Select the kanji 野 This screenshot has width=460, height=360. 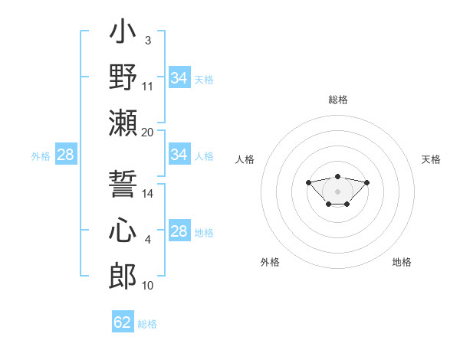(123, 79)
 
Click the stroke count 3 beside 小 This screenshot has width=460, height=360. (147, 41)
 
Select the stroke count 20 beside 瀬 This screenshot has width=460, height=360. (148, 133)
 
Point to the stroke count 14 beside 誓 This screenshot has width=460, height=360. (148, 194)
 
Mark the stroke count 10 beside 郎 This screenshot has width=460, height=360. (148, 286)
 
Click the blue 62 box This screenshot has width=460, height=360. (123, 322)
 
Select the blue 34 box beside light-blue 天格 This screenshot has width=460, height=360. (179, 77)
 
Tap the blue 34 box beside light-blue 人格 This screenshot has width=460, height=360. (179, 155)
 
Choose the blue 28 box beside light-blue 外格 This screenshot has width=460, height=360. (65, 155)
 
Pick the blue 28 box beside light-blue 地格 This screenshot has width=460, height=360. (179, 231)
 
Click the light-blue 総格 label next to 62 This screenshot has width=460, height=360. (147, 324)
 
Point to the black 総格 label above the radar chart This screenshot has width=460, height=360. (337, 100)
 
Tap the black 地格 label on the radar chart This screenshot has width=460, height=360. (402, 262)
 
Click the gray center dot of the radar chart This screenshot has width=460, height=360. (337, 191)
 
